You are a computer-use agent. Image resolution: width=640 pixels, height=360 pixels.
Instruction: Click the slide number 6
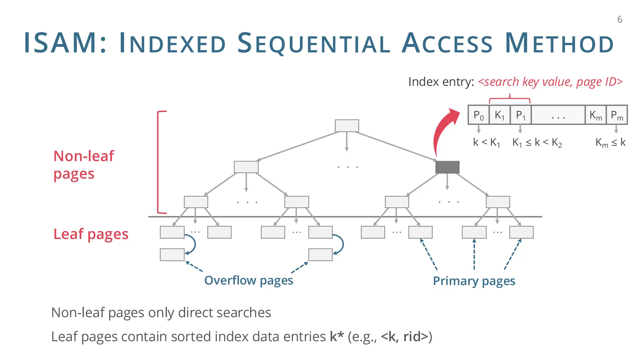620,20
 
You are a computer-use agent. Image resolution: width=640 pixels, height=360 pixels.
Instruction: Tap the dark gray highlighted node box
447,167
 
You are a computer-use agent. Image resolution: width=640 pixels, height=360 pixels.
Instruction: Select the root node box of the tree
347,126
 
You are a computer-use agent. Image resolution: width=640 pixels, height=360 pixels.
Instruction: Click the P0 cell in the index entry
478,115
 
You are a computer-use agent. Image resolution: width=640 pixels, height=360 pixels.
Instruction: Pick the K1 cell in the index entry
499,115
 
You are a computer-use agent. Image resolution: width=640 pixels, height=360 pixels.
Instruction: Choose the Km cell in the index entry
596,115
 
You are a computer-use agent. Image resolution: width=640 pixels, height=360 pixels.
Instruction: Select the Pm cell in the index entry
617,115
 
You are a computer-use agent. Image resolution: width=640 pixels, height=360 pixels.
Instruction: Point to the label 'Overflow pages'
248,280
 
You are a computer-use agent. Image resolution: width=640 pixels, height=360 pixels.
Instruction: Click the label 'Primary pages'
474,281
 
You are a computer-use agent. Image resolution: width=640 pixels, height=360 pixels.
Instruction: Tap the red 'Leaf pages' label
91,234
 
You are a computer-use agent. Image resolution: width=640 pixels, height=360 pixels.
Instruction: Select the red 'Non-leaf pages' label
84,165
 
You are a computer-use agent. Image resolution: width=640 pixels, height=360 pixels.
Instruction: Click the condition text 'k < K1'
487,142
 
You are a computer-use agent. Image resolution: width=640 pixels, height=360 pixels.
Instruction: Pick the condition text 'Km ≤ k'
610,142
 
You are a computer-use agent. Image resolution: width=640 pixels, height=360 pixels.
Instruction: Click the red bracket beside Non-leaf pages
158,162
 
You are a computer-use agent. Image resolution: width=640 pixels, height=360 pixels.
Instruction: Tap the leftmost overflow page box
172,255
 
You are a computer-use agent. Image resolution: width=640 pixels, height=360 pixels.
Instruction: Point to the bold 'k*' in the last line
337,337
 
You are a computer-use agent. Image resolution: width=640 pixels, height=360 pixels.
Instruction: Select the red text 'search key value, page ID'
550,82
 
